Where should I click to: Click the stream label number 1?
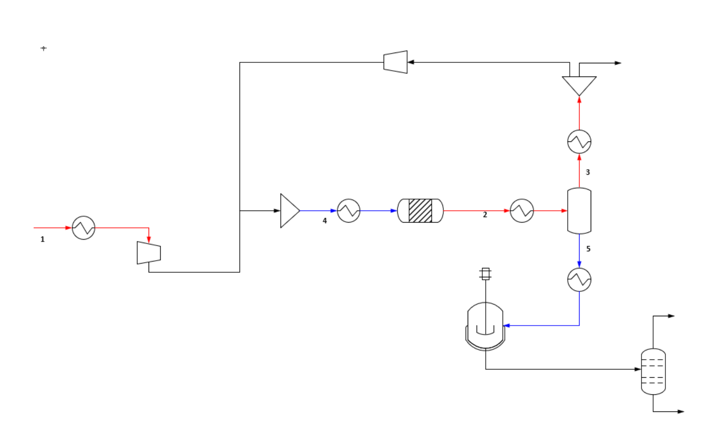pos(42,239)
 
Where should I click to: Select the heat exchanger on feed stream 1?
pos(83,228)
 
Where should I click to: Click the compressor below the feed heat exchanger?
pos(149,253)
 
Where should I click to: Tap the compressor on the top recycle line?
pos(396,62)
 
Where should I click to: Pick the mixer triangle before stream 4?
pos(289,211)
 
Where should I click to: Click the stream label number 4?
pos(325,221)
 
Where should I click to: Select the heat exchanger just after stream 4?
pos(349,211)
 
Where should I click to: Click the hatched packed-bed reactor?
pos(420,211)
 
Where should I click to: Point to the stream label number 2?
pos(485,215)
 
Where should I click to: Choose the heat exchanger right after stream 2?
pos(522,211)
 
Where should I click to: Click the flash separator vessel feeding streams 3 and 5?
pos(579,211)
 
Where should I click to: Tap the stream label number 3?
pos(588,172)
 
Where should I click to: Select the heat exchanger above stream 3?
pos(579,141)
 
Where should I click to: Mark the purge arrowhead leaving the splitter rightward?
pos(618,63)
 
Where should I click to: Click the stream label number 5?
pos(588,249)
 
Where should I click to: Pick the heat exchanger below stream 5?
pos(579,280)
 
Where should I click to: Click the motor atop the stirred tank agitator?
pos(485,274)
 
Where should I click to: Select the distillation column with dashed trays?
pos(653,371)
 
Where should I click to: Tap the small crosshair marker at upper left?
pos(44,48)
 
